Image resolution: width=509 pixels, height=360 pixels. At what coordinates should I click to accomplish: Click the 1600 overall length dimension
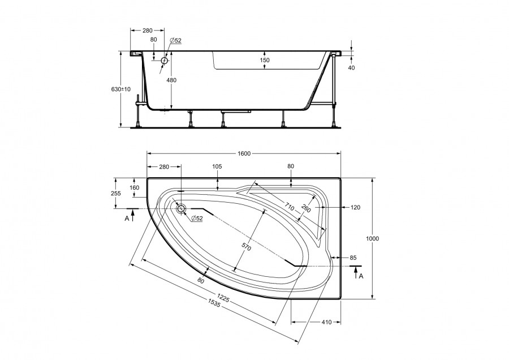pos(244,153)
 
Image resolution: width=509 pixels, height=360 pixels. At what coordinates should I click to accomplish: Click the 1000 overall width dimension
pos(372,238)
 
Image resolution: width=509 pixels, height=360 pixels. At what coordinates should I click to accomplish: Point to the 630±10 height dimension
pos(121,89)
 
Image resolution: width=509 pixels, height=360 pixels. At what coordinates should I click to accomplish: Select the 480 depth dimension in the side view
pos(171,80)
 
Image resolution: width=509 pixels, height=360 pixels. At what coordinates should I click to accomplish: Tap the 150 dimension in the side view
pos(265,60)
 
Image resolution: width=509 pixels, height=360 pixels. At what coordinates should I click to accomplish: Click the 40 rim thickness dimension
pos(351,67)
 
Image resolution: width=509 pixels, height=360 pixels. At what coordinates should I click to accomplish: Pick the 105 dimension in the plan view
pos(217,166)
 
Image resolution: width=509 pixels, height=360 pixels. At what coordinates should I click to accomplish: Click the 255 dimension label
pos(115,194)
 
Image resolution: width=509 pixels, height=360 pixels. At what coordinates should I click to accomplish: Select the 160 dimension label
pos(134,187)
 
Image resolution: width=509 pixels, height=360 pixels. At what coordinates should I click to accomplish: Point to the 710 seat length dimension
pos(290,206)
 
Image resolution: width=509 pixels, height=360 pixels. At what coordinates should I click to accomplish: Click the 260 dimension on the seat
pos(306,208)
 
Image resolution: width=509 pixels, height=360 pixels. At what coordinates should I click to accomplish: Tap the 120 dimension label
pos(356,207)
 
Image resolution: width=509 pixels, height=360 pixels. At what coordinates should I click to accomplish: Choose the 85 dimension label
pos(353,258)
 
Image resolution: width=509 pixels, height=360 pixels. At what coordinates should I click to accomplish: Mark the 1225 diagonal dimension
pos(223,298)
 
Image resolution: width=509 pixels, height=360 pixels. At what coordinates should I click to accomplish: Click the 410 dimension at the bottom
pos(326,322)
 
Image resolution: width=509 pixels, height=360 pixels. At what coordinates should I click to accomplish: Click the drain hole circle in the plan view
pos(181,209)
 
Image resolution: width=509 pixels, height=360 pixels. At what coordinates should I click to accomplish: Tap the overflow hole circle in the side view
pos(165,61)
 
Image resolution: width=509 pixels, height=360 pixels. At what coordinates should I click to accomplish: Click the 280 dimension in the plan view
pos(164,166)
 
